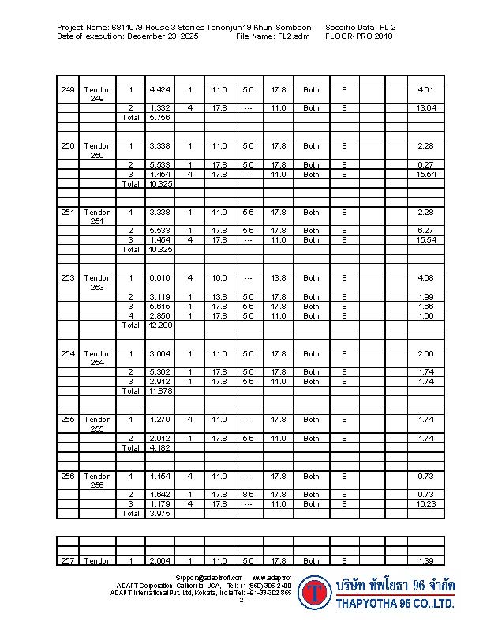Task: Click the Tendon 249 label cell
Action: [97, 94]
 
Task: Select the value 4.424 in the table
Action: [159, 90]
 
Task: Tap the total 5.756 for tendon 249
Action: [159, 117]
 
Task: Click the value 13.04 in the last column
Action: [425, 107]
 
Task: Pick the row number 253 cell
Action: [68, 278]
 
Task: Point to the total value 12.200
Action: [159, 325]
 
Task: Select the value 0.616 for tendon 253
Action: [159, 278]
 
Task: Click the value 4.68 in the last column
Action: [426, 278]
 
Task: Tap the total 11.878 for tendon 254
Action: [159, 390]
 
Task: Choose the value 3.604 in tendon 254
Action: [159, 354]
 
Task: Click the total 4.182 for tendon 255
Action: [159, 447]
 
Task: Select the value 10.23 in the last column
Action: [425, 503]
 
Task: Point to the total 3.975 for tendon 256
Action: [159, 513]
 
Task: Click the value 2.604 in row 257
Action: [159, 560]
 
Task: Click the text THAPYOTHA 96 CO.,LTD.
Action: [395, 604]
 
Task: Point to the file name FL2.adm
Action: [294, 36]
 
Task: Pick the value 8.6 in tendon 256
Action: [248, 495]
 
